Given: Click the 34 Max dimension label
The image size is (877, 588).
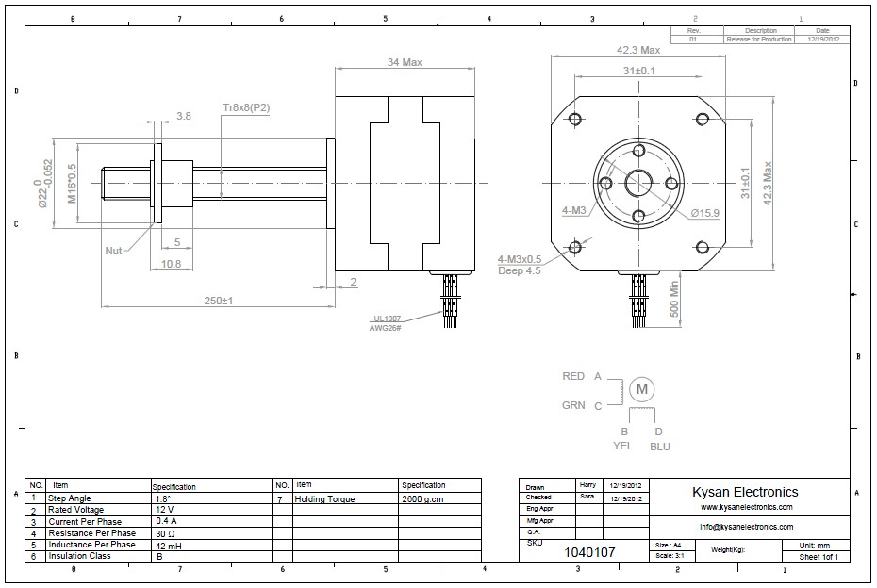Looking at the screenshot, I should [x=405, y=62].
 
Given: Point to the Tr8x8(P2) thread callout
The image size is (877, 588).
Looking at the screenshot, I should [x=246, y=107].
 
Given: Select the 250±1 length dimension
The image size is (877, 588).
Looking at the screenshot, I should [x=219, y=301].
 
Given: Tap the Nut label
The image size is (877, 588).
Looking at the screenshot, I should [x=114, y=251].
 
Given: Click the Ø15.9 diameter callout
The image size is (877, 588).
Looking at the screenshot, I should [x=704, y=213].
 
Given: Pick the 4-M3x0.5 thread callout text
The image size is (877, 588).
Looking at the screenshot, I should [x=520, y=259].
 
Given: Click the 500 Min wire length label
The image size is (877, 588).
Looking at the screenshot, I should [x=675, y=299].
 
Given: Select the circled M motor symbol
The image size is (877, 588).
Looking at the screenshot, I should [x=642, y=388].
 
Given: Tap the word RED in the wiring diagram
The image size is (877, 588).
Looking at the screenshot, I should [x=573, y=376].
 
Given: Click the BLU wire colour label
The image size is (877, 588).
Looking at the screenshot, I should [x=660, y=447].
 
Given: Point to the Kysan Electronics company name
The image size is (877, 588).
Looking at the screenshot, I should [x=745, y=492].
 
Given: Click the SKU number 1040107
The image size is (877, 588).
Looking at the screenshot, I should [x=589, y=552].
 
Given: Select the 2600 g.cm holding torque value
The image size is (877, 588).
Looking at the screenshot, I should [x=422, y=499].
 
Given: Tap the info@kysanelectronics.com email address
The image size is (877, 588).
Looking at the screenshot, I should [x=746, y=527].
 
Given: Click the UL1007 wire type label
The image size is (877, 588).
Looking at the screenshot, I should [x=387, y=318].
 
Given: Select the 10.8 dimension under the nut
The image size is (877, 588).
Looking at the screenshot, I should [x=171, y=264].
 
